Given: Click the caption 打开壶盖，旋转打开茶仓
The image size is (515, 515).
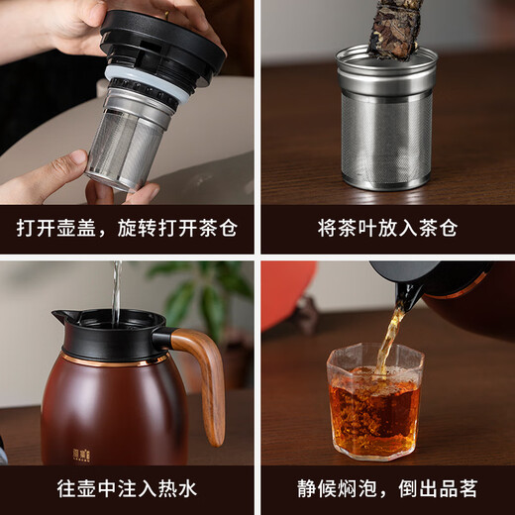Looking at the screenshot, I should (127, 228).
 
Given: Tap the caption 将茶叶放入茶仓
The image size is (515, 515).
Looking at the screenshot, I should (387, 228).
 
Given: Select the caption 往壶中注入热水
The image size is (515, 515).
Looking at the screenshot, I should (127, 489).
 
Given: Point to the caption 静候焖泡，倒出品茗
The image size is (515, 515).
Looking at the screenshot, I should (387, 489).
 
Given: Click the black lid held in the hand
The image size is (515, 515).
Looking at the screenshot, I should (162, 45).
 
